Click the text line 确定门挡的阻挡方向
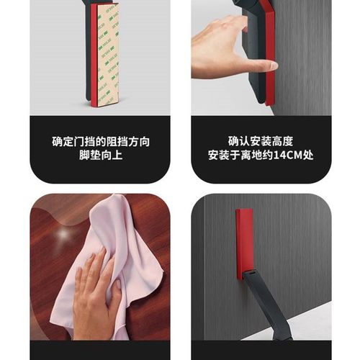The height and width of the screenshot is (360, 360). [100, 141]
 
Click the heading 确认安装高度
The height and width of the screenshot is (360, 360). [261, 141]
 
